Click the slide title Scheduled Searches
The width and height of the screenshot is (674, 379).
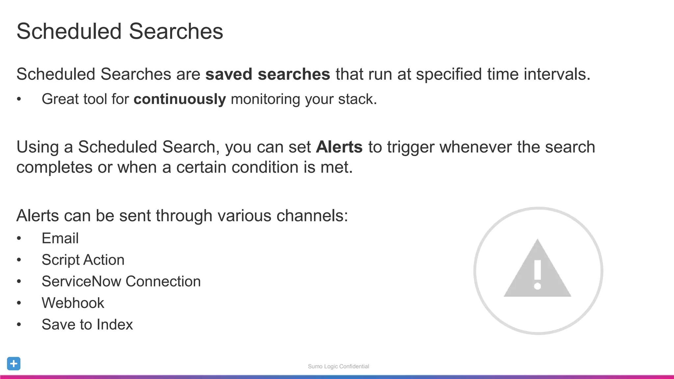pyautogui.click(x=120, y=32)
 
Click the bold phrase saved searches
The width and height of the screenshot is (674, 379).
pyautogui.click(x=268, y=74)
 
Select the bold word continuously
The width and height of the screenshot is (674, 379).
pyautogui.click(x=180, y=99)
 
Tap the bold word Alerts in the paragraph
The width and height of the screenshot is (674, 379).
pyautogui.click(x=339, y=147)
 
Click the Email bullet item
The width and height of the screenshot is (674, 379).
pyautogui.click(x=60, y=238)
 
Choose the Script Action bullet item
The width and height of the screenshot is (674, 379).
pyautogui.click(x=83, y=260)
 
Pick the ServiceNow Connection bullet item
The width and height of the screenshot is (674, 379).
pyautogui.click(x=121, y=282)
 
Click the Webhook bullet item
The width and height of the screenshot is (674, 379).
pyautogui.click(x=73, y=303)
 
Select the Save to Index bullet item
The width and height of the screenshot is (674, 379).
pyautogui.click(x=87, y=325)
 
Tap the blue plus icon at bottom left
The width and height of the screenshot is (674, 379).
pyautogui.click(x=14, y=364)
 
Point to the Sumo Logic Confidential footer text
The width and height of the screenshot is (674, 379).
pyautogui.click(x=338, y=366)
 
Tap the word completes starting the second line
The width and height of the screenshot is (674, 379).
pyautogui.click(x=54, y=167)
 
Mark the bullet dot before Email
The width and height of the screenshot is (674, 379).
pyautogui.click(x=19, y=239)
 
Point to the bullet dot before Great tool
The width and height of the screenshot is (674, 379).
pyautogui.click(x=19, y=99)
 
